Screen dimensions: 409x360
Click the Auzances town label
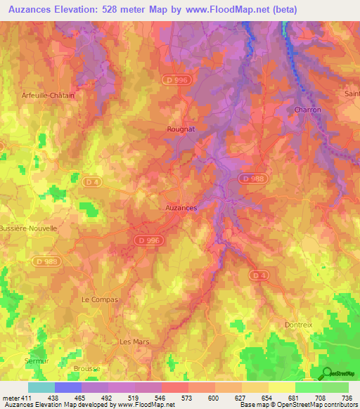pyautogui.click(x=181, y=209)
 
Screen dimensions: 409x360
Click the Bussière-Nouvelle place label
pyautogui.click(x=27, y=229)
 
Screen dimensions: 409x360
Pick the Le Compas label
pyautogui.click(x=100, y=299)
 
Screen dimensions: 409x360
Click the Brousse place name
pyautogui.click(x=87, y=368)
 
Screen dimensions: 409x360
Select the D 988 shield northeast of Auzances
pyautogui.click(x=250, y=178)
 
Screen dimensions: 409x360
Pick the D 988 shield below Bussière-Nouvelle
pyautogui.click(x=47, y=261)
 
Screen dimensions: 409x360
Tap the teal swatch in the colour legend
pyautogui.click(x=41, y=387)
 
